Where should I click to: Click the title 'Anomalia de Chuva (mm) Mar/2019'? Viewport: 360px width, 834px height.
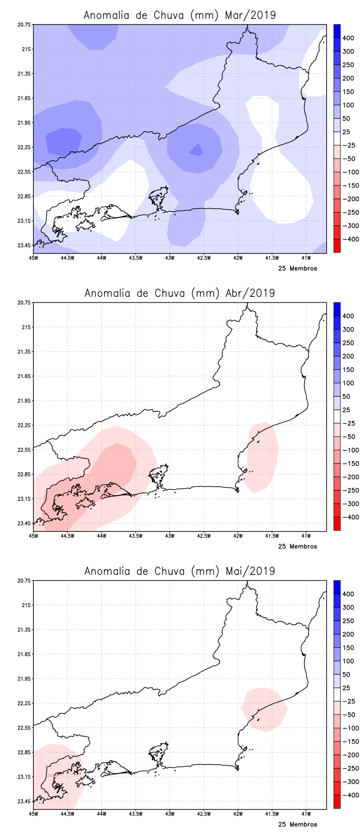click(180, 15)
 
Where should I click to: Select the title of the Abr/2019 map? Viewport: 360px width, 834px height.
click(180, 293)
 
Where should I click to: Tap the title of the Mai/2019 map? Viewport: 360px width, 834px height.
click(180, 571)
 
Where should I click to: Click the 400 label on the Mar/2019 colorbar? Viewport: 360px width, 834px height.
click(348, 38)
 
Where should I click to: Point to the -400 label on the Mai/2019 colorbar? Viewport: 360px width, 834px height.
click(351, 795)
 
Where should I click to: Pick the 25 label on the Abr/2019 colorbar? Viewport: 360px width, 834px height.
click(346, 410)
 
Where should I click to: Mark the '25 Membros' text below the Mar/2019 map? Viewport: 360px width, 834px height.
click(297, 269)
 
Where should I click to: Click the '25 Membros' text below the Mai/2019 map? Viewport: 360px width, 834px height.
click(297, 825)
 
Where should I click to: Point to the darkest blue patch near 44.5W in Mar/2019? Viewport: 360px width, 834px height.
click(63, 141)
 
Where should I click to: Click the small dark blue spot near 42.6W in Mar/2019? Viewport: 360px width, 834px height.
click(197, 150)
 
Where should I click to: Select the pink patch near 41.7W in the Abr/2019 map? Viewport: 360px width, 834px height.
click(262, 457)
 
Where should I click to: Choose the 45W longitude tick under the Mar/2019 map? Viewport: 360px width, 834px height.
click(33, 258)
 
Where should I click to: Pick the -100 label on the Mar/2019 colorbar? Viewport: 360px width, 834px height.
click(351, 172)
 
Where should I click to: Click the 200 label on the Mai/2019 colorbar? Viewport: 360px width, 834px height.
click(348, 634)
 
